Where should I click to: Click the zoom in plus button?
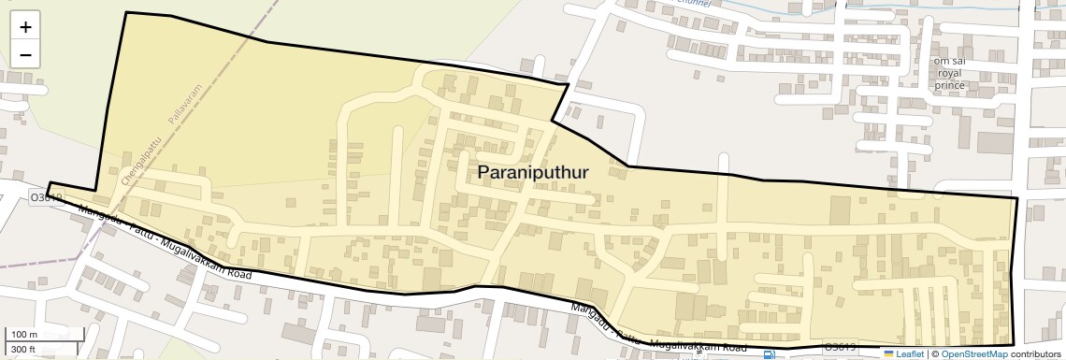point(25,27)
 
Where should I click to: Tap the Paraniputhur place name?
point(533,172)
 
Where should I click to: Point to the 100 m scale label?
point(23,335)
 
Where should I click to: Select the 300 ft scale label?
point(23,350)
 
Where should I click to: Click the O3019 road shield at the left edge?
point(45,197)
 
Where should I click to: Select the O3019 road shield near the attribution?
point(838,348)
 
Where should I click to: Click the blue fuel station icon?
point(769,354)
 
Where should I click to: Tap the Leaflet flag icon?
point(889,353)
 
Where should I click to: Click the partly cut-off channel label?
point(697,4)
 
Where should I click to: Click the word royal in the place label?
point(949,72)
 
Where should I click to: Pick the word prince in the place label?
point(949,84)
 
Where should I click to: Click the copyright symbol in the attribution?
point(933,353)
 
